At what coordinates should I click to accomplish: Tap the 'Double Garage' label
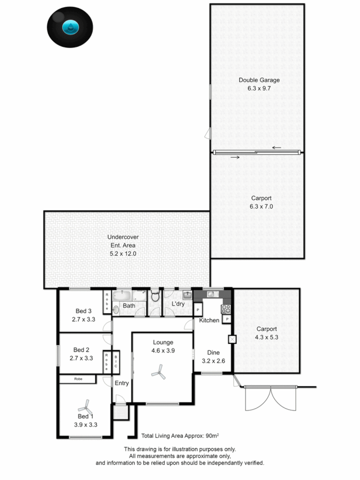click(259, 80)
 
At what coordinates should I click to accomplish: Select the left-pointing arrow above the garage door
click(277, 148)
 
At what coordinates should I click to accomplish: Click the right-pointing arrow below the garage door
click(235, 157)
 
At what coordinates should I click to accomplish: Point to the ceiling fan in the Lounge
click(159, 372)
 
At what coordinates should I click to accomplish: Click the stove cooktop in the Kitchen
click(226, 308)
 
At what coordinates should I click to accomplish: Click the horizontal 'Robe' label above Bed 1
click(78, 379)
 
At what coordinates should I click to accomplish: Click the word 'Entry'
click(121, 383)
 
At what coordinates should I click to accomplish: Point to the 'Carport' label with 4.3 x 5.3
click(267, 329)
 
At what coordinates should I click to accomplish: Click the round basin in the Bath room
click(116, 309)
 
